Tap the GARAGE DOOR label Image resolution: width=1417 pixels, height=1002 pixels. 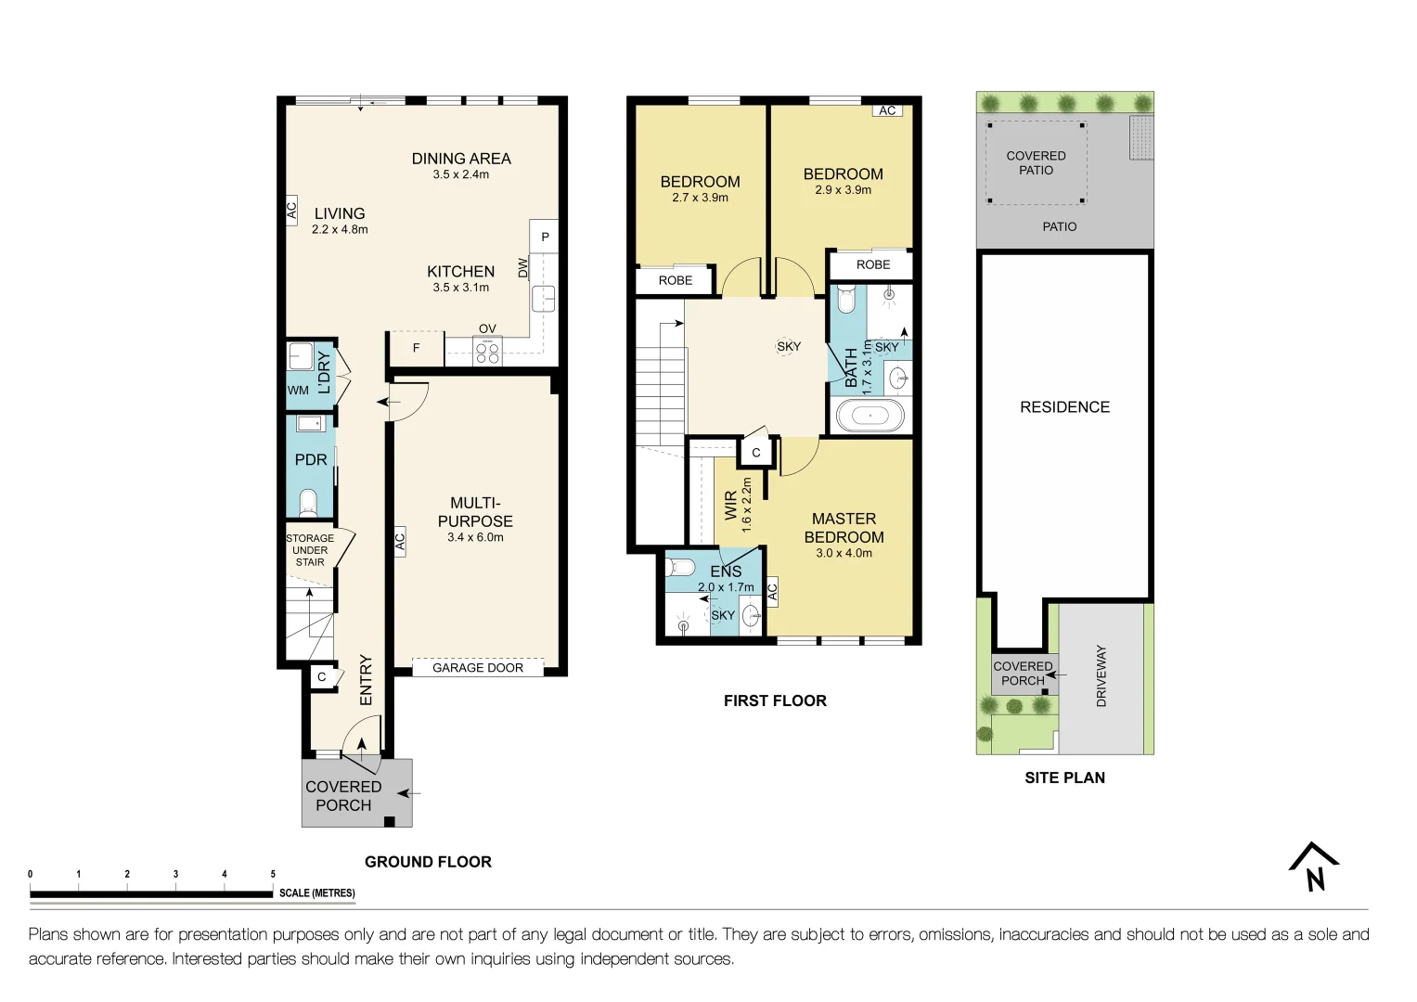[x=478, y=668]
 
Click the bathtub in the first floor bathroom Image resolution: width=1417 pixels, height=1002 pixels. [x=870, y=416]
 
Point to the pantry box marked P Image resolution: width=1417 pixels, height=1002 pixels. [x=545, y=237]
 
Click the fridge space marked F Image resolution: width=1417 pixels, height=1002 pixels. [x=416, y=348]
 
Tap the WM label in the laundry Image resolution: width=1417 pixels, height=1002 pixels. [x=298, y=391]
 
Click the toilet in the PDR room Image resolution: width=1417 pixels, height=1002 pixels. [x=309, y=504]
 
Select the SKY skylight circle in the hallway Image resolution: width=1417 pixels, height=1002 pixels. [x=789, y=346]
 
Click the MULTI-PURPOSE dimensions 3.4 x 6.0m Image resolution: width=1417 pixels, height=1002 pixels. [x=475, y=537]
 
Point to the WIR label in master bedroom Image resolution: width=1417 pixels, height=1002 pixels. [x=731, y=506]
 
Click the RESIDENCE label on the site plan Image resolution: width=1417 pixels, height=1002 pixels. [x=1064, y=407]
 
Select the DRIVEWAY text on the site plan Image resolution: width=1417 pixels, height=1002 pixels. [x=1101, y=676]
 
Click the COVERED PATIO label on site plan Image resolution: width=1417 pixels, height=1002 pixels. [x=1036, y=163]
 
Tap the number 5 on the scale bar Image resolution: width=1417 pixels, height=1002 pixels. [x=273, y=874]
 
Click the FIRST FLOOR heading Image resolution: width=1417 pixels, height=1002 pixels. [x=775, y=701]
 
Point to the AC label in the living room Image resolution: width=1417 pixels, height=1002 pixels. [x=291, y=210]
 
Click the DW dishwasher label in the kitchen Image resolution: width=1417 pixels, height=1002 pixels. [x=523, y=268]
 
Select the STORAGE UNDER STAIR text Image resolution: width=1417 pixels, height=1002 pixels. [x=310, y=550]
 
